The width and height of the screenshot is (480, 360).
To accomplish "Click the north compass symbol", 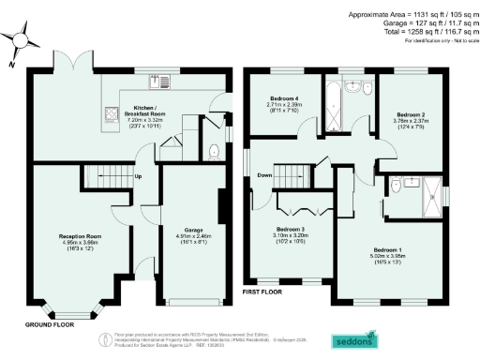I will coord(21,46).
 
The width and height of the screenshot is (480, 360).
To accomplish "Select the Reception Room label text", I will coord(80,241).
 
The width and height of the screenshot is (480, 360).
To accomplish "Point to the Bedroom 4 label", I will coord(283,102).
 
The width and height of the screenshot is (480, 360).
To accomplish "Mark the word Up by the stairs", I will coord(139,175).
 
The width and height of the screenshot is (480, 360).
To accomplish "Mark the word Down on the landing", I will coord(265,174).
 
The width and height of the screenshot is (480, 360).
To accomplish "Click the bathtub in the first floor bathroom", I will coord(336,97).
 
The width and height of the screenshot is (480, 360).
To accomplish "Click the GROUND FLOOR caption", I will coord(49,325).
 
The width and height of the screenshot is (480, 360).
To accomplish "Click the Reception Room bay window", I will coord(79,309).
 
